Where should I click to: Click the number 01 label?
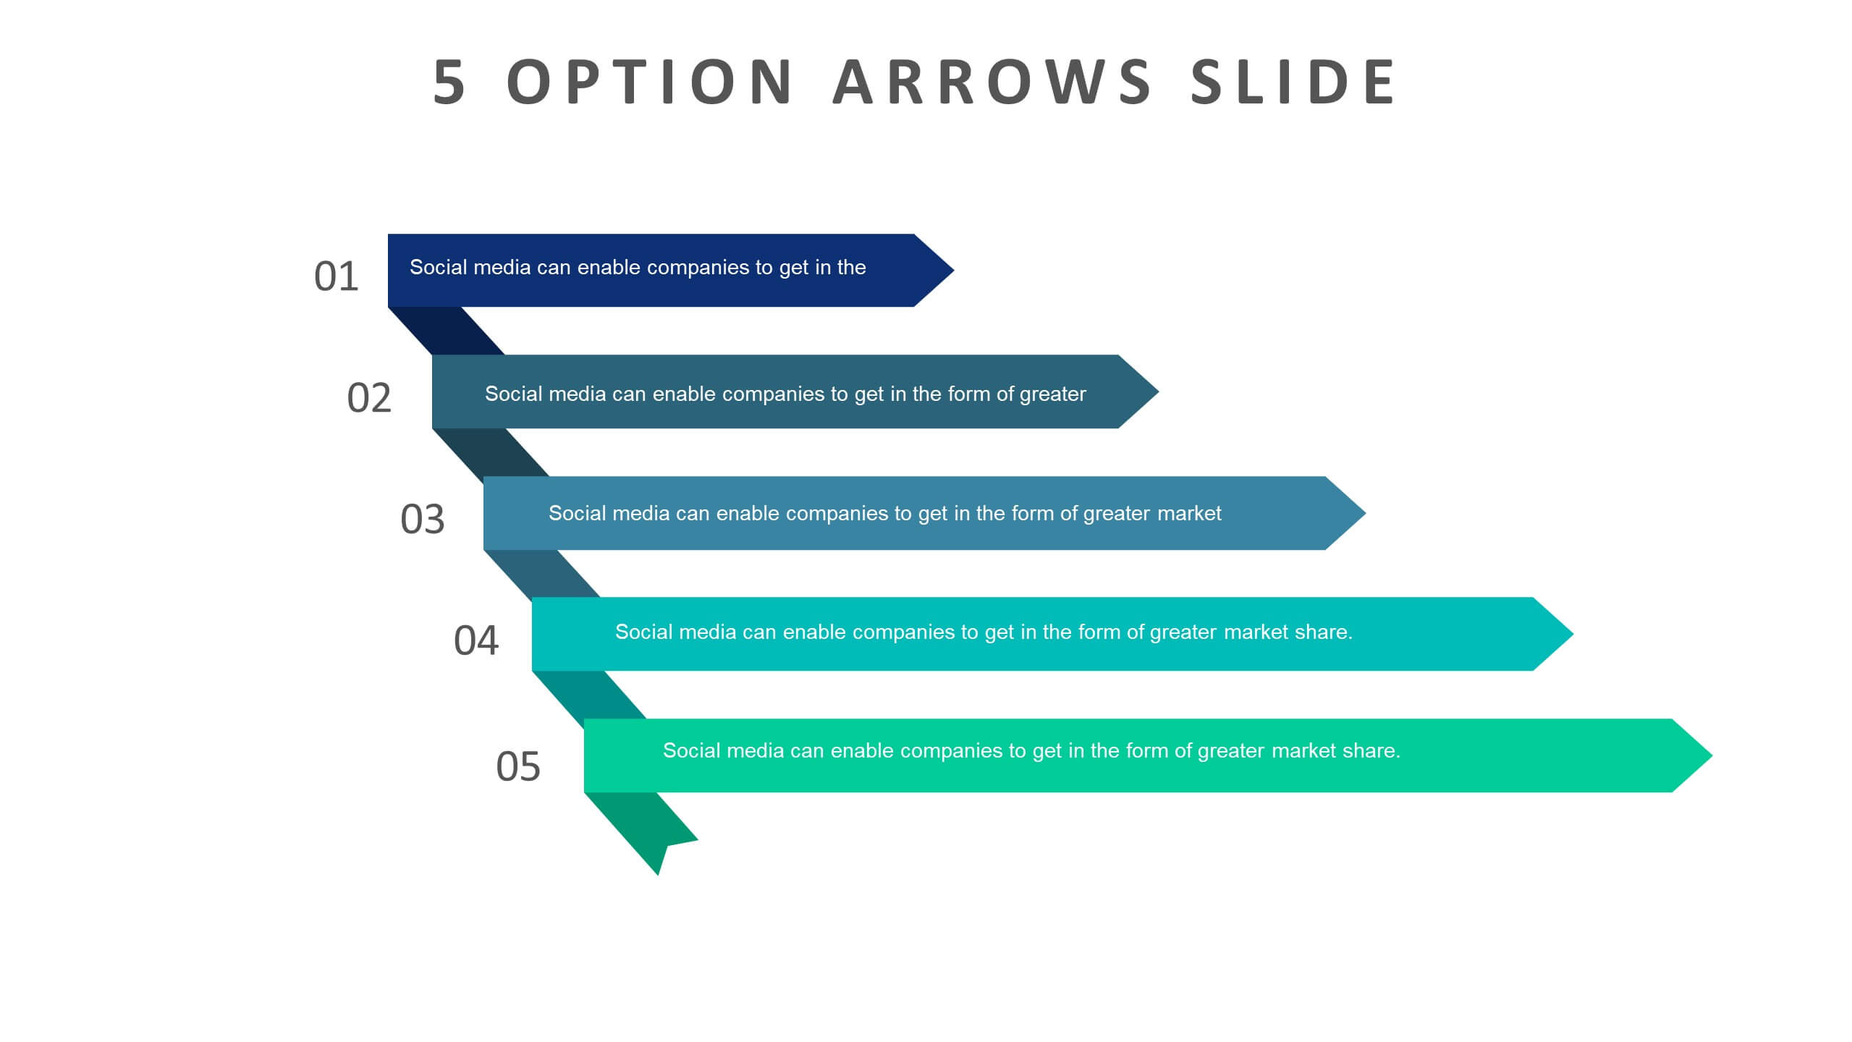point(337,276)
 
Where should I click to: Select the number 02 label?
point(369,398)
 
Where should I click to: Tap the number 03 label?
point(423,520)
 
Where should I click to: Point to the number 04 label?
point(476,640)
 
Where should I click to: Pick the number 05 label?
point(518,766)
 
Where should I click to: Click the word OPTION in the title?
point(649,82)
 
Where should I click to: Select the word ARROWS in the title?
point(991,82)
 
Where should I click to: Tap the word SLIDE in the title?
point(1294,82)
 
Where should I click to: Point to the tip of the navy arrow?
point(954,271)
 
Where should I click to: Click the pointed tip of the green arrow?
point(1712,755)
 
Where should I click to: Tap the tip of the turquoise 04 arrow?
point(1573,634)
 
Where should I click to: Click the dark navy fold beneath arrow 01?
point(447,331)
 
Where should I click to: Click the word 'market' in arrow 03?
point(1189,514)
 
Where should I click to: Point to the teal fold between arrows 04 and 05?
point(589,695)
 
